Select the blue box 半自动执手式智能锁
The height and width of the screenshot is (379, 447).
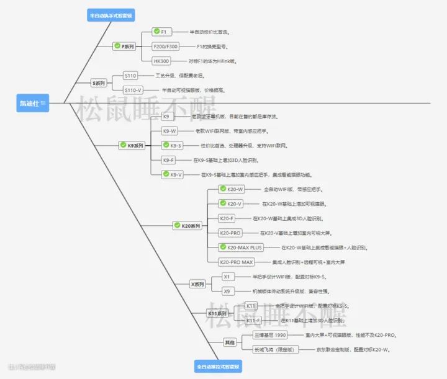click(112, 16)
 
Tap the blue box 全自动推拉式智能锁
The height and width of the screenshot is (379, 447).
click(218, 366)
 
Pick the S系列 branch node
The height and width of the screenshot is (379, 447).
click(99, 82)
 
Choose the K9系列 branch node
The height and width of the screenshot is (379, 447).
click(132, 145)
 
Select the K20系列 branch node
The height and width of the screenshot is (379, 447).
click(188, 226)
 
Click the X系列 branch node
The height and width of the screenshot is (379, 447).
click(197, 284)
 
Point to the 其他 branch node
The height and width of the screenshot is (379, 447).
click(230, 342)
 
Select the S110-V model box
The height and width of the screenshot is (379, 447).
click(133, 90)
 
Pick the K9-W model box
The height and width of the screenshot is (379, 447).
click(169, 131)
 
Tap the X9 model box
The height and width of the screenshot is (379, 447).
click(227, 291)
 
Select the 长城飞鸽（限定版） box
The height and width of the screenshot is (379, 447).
click(275, 350)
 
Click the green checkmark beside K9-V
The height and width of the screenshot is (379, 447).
click(166, 174)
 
